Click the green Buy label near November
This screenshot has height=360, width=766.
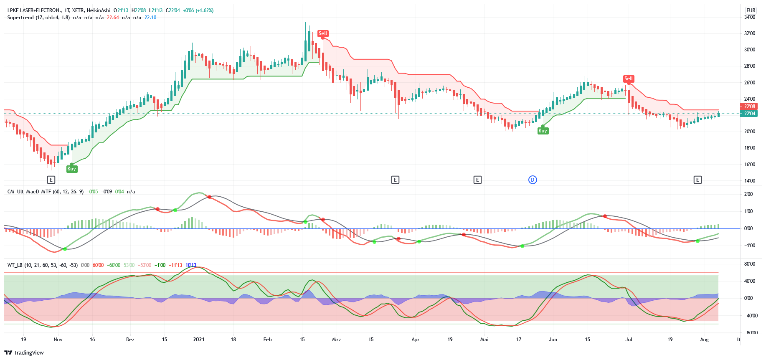(x=71, y=169)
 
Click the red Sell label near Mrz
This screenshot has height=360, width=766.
(x=322, y=33)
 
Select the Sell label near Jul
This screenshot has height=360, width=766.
(x=628, y=79)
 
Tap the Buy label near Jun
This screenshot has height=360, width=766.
(x=542, y=131)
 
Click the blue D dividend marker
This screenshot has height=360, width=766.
(x=533, y=180)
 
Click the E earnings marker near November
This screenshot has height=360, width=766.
(x=51, y=180)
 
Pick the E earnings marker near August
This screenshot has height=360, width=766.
(x=697, y=180)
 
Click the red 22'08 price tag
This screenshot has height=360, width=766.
(x=749, y=106)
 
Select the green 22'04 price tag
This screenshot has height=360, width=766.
(x=749, y=114)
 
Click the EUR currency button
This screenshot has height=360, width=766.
(x=751, y=10)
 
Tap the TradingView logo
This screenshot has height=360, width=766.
(x=24, y=352)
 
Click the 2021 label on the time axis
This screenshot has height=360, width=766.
(x=199, y=340)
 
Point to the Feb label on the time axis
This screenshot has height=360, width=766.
(x=267, y=340)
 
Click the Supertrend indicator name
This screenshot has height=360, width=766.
(x=38, y=18)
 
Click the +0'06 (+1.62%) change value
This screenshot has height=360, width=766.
(x=198, y=10)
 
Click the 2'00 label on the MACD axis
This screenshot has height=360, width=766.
(x=748, y=194)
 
